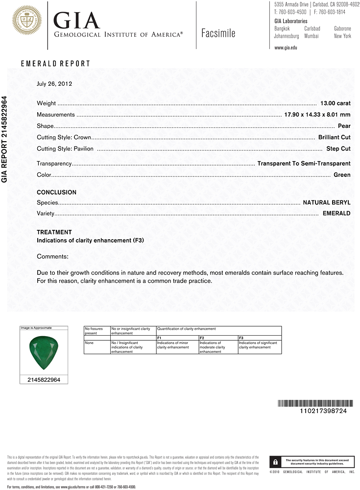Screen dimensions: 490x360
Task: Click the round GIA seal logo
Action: click(x=26, y=20)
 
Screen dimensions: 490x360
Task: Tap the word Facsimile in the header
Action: click(x=218, y=33)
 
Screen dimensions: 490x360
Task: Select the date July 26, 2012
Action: click(x=54, y=84)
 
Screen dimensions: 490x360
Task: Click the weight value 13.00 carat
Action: click(x=335, y=103)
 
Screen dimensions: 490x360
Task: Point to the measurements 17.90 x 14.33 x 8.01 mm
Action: click(x=317, y=115)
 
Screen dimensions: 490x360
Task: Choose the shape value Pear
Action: click(x=344, y=126)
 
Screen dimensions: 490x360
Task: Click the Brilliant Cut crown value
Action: click(x=334, y=137)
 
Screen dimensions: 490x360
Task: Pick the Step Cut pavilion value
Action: click(x=338, y=148)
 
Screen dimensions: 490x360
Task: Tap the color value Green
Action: click(x=342, y=175)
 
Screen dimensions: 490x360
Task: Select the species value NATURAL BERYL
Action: click(x=327, y=202)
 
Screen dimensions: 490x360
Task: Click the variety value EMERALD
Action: click(x=336, y=214)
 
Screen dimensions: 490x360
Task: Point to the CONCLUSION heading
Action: click(x=56, y=193)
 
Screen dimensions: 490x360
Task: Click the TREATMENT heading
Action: click(x=54, y=232)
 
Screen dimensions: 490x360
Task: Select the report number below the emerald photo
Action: click(x=43, y=380)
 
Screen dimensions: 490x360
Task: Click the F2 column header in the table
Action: click(x=202, y=338)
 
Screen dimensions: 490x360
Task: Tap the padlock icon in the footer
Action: click(x=276, y=462)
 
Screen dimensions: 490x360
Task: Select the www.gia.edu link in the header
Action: click(x=286, y=48)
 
